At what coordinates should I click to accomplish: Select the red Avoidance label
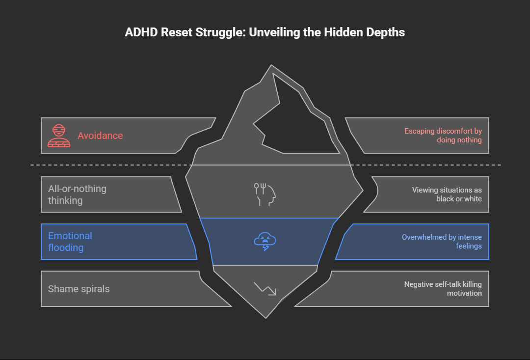100,136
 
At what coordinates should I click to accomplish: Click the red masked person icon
58,136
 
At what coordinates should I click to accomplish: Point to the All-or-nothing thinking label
77,194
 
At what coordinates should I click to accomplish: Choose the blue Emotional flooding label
70,242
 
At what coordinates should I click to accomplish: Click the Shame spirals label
79,289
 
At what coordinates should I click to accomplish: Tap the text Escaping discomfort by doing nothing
443,136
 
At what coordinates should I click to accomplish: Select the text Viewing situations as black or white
447,194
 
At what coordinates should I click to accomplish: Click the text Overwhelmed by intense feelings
442,242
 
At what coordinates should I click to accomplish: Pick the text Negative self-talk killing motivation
443,289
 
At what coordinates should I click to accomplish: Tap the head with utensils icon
265,194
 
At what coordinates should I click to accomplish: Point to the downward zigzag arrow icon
265,288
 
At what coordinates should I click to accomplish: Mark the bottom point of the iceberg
265,317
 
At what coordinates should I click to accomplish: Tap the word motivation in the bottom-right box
464,293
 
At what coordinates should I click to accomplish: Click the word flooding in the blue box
66,248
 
